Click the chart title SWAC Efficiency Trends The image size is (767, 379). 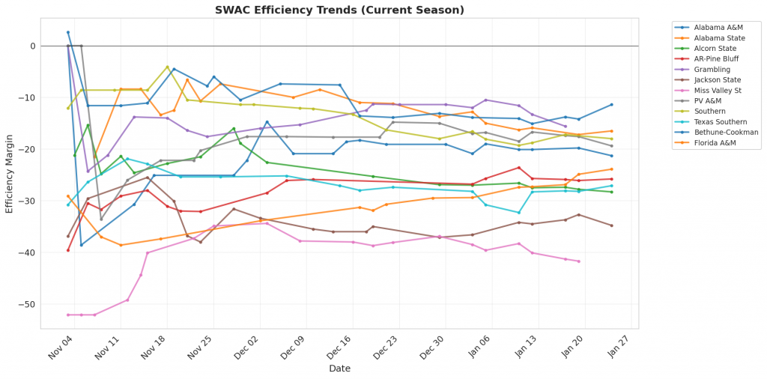tap(339, 10)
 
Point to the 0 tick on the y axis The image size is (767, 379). tap(33, 46)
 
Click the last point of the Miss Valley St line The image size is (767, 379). tap(579, 261)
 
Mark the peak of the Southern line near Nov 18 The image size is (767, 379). tap(167, 67)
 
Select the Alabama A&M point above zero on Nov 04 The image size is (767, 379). tap(68, 32)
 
